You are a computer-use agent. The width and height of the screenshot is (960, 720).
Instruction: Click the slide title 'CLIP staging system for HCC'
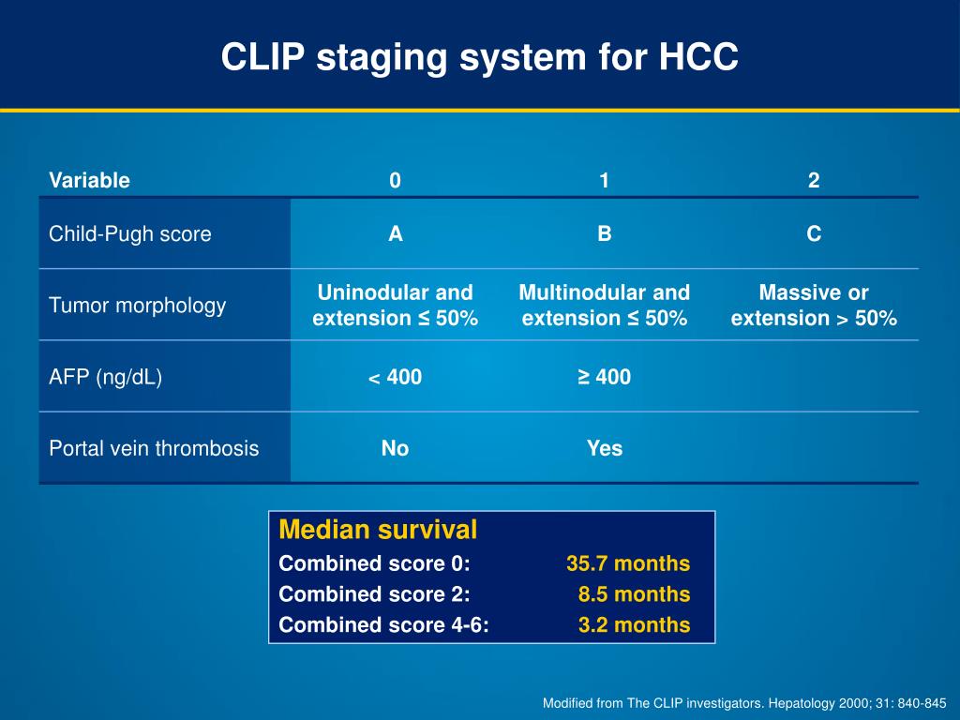pyautogui.click(x=479, y=57)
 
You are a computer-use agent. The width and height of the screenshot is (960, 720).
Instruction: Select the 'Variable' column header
pyautogui.click(x=89, y=180)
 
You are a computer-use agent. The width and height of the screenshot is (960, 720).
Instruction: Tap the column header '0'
pyautogui.click(x=395, y=180)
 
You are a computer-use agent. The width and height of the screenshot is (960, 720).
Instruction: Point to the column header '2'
pyautogui.click(x=814, y=180)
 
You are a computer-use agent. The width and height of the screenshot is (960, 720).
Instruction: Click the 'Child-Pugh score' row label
pyautogui.click(x=129, y=233)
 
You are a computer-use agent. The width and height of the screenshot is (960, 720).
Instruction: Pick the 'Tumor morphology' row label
pyautogui.click(x=137, y=306)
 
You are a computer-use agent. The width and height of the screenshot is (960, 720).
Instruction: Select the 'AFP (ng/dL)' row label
pyautogui.click(x=105, y=377)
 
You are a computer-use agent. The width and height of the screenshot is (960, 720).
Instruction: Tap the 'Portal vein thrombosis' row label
pyautogui.click(x=154, y=448)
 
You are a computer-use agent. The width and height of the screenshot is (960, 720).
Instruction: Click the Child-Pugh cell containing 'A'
pyautogui.click(x=396, y=233)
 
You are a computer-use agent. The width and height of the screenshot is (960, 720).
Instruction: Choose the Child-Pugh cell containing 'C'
pyautogui.click(x=814, y=233)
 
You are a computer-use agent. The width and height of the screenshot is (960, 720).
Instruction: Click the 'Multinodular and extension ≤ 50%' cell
pyautogui.click(x=605, y=305)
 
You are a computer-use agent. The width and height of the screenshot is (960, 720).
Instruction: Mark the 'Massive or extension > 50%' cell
pyautogui.click(x=814, y=305)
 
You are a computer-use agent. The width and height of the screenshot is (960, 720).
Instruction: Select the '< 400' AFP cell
pyautogui.click(x=395, y=377)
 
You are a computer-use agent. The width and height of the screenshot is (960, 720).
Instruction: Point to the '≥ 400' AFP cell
pyautogui.click(x=605, y=377)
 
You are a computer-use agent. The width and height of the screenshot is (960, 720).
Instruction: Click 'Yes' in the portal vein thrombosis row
pyautogui.click(x=605, y=448)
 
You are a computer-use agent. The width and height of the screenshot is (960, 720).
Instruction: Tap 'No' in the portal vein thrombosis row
pyautogui.click(x=395, y=448)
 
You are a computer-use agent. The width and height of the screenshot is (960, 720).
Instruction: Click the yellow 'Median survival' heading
pyautogui.click(x=378, y=530)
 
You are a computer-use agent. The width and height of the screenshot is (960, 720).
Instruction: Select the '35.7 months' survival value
pyautogui.click(x=628, y=563)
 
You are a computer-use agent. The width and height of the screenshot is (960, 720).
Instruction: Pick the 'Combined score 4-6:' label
pyautogui.click(x=383, y=624)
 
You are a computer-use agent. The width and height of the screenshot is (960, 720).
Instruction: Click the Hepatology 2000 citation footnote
pyautogui.click(x=744, y=703)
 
